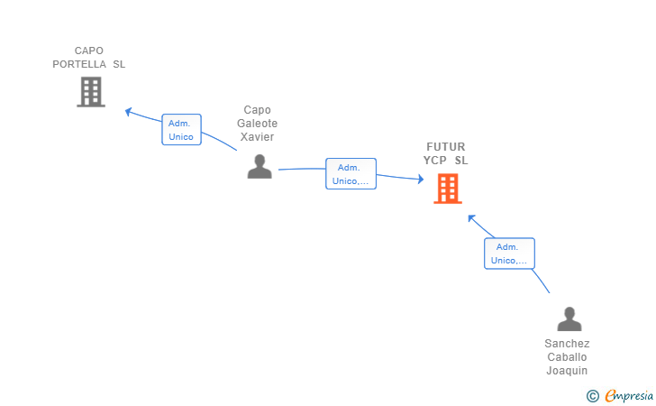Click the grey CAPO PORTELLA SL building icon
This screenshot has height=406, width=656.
pyautogui.click(x=91, y=92)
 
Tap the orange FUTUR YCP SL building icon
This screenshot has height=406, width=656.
pyautogui.click(x=448, y=189)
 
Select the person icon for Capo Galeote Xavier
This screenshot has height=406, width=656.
pyautogui.click(x=260, y=166)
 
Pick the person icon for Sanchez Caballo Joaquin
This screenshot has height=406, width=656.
pyautogui.click(x=569, y=318)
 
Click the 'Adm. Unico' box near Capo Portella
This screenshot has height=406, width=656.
pyautogui.click(x=182, y=129)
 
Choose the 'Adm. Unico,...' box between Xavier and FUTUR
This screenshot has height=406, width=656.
pyautogui.click(x=351, y=173)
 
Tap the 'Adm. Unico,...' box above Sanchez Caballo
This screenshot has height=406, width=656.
pyautogui.click(x=510, y=254)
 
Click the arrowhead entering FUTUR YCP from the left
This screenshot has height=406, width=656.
pyautogui.click(x=421, y=180)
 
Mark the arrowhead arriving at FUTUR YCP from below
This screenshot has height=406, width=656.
pyautogui.click(x=471, y=218)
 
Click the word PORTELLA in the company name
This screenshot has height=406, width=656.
pyautogui.click(x=79, y=64)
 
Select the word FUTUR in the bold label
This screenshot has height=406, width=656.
pyautogui.click(x=445, y=147)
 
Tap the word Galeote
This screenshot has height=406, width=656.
pyautogui.click(x=258, y=124)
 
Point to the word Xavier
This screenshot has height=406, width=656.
pyautogui.click(x=258, y=136)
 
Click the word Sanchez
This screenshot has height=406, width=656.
pyautogui.click(x=567, y=344)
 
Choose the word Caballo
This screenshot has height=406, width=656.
pyautogui.click(x=567, y=357)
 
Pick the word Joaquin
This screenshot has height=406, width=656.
pyautogui.click(x=567, y=371)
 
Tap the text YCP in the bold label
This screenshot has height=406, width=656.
pyautogui.click(x=434, y=160)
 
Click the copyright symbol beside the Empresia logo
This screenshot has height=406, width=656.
pyautogui.click(x=593, y=396)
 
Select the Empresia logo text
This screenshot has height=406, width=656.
pyautogui.click(x=629, y=395)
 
